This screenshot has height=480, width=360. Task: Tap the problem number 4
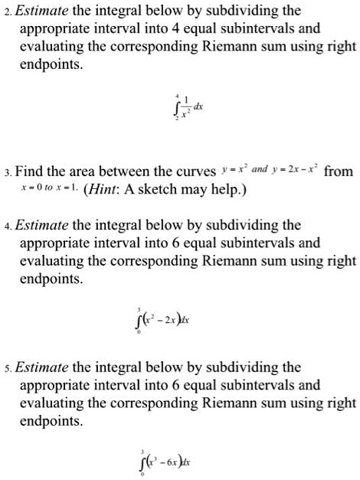[x=6, y=227]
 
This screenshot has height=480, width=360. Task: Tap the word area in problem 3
[x=91, y=170]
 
